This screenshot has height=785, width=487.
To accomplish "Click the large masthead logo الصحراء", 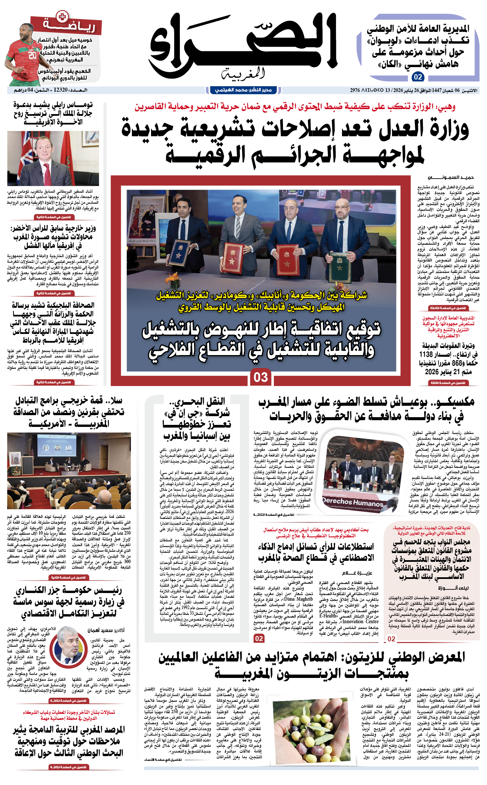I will pyautogui.click(x=243, y=45).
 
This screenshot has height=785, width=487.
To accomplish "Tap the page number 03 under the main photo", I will pyautogui.click(x=261, y=377).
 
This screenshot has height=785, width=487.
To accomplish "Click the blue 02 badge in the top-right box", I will pyautogui.click(x=418, y=77).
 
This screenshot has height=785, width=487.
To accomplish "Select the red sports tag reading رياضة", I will pyautogui.click(x=67, y=25).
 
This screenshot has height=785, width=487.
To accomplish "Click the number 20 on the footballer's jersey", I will pyautogui.click(x=33, y=55).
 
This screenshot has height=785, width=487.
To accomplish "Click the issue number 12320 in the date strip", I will pyautogui.click(x=60, y=90).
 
